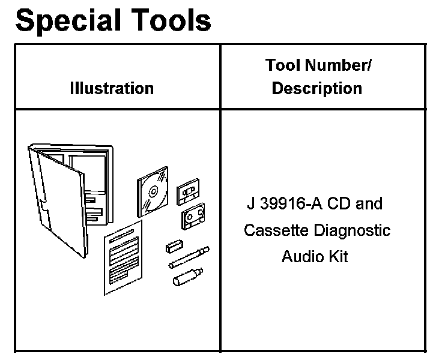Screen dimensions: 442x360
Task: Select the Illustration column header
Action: coord(112,88)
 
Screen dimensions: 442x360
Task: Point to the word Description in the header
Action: coord(316,88)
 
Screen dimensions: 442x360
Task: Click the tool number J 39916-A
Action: coord(284,204)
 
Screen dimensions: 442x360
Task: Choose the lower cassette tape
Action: coord(193,215)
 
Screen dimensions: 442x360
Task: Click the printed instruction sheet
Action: coord(124,257)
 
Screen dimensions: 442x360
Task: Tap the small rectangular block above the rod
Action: coord(175,247)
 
